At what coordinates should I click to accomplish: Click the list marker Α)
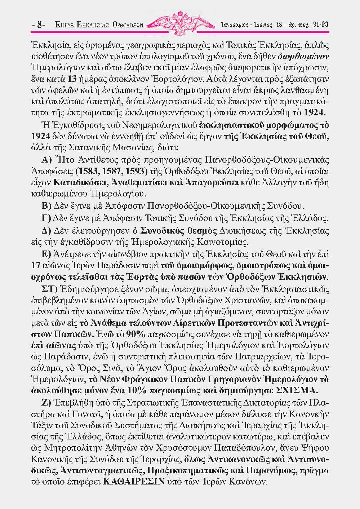click(x=48, y=160)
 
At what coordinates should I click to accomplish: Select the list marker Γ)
click(x=47, y=218)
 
